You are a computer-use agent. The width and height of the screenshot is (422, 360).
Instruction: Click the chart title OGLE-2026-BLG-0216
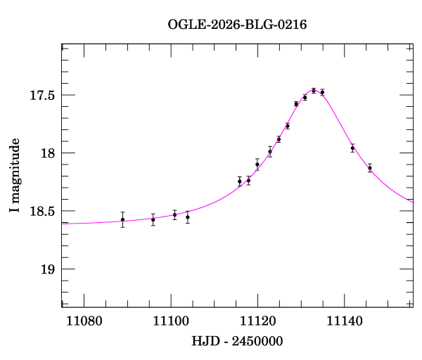click(238, 24)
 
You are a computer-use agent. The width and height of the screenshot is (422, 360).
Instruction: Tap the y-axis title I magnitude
click(15, 176)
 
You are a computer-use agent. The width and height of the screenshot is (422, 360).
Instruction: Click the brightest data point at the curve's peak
click(314, 91)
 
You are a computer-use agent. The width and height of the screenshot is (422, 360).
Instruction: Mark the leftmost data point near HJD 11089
click(123, 219)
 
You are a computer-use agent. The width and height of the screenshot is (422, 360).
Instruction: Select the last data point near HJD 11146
click(370, 168)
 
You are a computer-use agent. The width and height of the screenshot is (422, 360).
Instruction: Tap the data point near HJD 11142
click(352, 148)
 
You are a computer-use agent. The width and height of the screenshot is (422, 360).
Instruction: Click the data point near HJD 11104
click(188, 217)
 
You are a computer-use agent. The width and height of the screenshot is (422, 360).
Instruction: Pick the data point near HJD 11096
click(153, 219)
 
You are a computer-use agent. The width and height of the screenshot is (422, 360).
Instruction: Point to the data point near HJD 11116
click(240, 181)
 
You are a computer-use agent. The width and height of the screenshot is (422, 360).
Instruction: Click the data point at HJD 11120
click(257, 165)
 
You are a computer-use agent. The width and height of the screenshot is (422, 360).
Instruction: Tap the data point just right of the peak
click(322, 92)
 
